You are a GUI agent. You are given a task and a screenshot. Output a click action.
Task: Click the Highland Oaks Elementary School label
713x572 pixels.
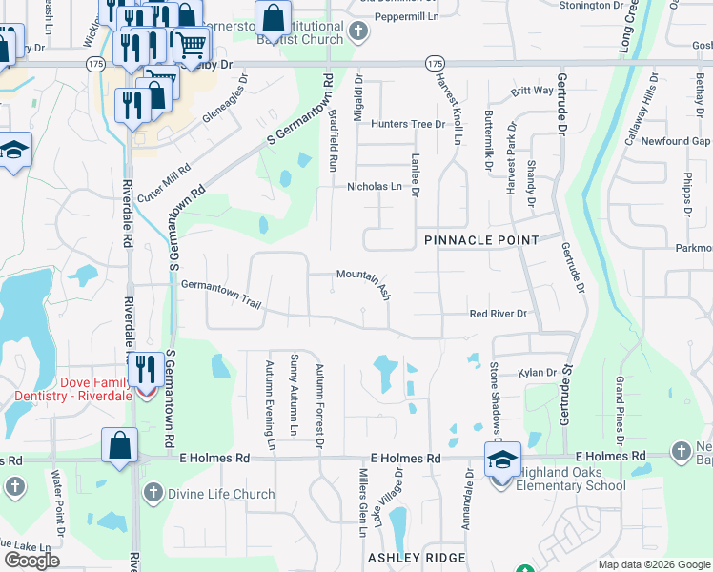572,480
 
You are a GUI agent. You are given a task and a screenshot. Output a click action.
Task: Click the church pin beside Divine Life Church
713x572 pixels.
153,493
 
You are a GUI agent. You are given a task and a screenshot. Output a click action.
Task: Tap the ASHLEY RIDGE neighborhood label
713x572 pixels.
417,557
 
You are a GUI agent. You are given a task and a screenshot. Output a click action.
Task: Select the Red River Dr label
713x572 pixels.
498,314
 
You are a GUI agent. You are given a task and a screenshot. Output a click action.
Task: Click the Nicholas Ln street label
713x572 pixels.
375,187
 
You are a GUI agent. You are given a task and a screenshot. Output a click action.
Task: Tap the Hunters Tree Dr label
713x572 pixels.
408,124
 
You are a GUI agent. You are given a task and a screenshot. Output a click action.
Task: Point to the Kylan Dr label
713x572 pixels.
537,373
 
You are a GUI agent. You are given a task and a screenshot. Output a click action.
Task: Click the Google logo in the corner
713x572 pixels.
32,561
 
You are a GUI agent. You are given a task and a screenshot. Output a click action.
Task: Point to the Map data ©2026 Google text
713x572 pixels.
652,564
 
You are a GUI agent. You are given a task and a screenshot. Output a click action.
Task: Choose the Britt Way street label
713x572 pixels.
532,91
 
